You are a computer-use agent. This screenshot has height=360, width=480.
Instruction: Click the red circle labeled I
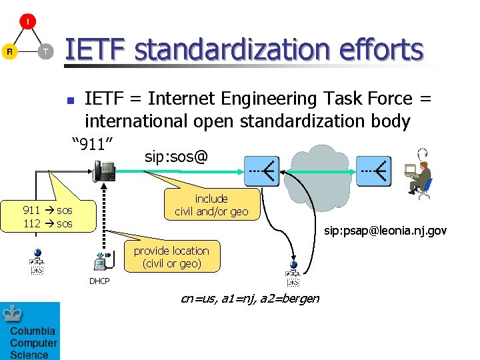click(x=27, y=21)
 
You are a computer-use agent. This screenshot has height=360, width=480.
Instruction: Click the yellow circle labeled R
click(x=9, y=51)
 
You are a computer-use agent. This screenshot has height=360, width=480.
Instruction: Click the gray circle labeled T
click(x=45, y=51)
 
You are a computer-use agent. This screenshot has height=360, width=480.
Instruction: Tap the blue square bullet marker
click(x=69, y=101)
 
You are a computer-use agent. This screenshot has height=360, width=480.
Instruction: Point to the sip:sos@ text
click(x=176, y=157)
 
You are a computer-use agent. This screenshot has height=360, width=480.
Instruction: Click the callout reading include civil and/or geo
click(x=211, y=205)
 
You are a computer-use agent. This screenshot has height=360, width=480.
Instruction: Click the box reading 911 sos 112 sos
click(x=48, y=217)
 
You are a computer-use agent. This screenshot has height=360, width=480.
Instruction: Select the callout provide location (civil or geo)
click(x=171, y=257)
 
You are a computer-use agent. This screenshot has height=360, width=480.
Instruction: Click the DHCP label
click(x=99, y=281)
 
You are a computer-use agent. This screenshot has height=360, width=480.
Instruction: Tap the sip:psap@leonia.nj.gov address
click(x=385, y=231)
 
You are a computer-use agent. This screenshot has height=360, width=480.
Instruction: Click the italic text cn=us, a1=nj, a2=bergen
click(x=250, y=298)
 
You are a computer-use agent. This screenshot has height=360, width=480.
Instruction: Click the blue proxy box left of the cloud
click(x=262, y=171)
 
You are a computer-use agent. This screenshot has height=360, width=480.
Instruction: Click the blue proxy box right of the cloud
click(x=373, y=171)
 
